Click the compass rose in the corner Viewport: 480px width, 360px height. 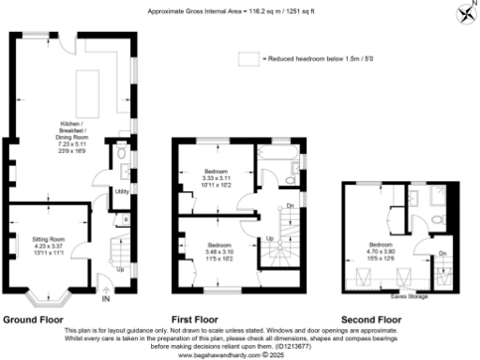click(x=465, y=13)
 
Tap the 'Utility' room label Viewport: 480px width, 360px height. click(x=121, y=190)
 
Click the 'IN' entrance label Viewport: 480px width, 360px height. click(x=106, y=300)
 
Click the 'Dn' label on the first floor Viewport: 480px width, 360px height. click(x=290, y=204)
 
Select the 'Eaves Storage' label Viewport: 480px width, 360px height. click(x=410, y=295)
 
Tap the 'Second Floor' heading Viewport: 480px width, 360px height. click(x=370, y=319)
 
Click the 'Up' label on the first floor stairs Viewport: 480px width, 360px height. click(x=271, y=238)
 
